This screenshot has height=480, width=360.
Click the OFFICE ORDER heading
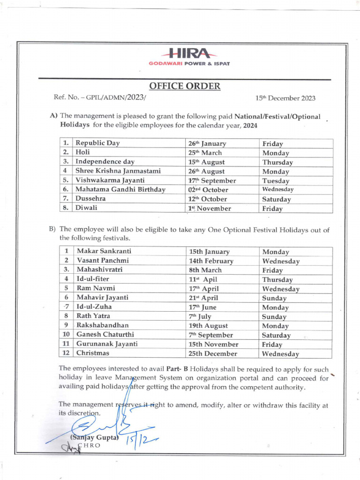[184, 86]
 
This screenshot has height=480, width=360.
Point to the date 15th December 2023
[285, 98]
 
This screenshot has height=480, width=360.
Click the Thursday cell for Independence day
[277, 162]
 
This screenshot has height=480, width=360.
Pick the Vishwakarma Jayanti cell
[110, 180]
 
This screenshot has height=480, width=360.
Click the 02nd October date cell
[208, 190]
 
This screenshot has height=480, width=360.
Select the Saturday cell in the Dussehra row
[277, 199]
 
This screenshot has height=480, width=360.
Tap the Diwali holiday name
[87, 208]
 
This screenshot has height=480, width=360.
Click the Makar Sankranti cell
[104, 252]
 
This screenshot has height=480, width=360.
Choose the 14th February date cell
[211, 261]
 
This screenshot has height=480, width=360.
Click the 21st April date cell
[203, 298]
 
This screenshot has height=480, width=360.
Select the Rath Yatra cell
[93, 316]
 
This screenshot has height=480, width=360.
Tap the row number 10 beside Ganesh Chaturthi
[67, 335]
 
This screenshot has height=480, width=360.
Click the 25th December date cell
[213, 353]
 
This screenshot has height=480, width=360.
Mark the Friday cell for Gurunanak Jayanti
[272, 344]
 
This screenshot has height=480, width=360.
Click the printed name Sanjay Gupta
[94, 436]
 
